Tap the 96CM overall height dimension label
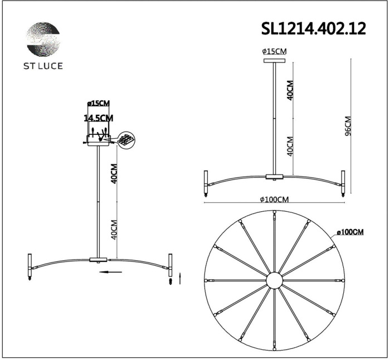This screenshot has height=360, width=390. pyautogui.click(x=348, y=129)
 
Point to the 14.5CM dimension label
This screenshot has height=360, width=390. pyautogui.click(x=98, y=118)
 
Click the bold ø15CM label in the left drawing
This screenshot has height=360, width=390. pyautogui.click(x=99, y=104)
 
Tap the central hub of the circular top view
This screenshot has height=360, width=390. pyautogui.click(x=274, y=280)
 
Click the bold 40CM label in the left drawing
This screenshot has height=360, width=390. pyautogui.click(x=114, y=173)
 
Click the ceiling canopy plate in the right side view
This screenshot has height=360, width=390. pyautogui.click(x=274, y=59)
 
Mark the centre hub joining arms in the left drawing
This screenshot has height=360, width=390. pyautogui.click(x=99, y=259)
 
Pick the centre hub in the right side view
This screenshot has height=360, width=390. pyautogui.click(x=274, y=177)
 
